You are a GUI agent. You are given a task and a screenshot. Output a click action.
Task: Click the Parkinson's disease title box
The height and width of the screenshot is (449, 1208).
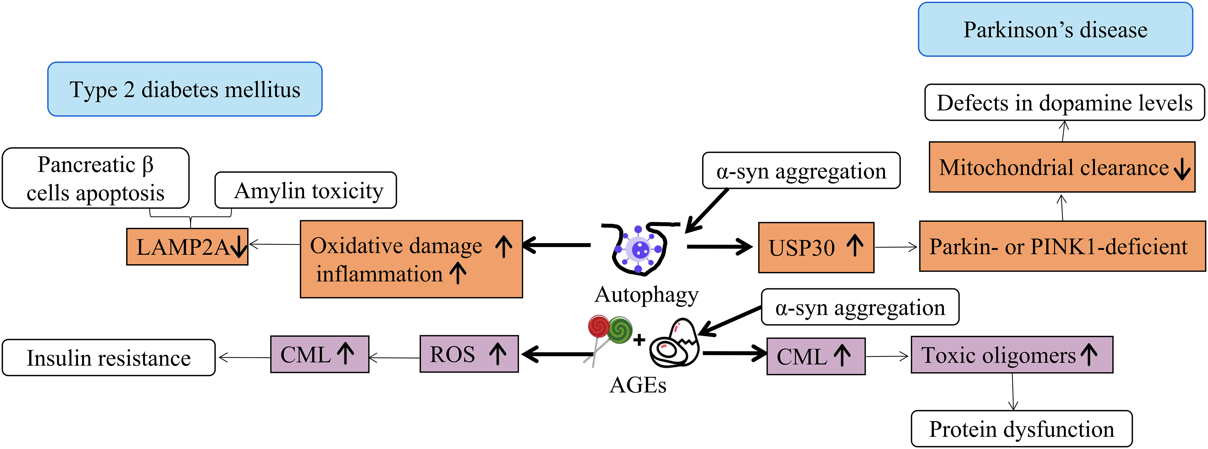pos(1055,29)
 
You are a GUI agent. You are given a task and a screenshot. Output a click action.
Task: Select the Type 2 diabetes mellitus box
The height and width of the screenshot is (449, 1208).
pos(185,89)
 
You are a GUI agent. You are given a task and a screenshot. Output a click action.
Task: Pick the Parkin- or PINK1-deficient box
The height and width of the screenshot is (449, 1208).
pos(1063,247)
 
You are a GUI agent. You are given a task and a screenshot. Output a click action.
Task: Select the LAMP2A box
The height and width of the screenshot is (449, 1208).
pos(187,247)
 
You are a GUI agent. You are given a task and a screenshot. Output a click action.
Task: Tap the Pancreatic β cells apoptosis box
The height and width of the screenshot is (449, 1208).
pos(96,178)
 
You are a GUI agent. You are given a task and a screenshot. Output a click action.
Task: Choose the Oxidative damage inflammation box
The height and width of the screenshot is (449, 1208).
pos(411,259)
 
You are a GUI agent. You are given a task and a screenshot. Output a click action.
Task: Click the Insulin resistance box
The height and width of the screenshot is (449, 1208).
pos(109,358)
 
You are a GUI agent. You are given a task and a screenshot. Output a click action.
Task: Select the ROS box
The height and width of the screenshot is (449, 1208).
pos(469,354)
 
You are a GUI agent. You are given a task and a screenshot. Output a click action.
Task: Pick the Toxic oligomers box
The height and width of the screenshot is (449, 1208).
pos(1012,355)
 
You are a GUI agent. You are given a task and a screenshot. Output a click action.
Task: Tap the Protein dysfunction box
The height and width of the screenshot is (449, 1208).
pos(1022,429)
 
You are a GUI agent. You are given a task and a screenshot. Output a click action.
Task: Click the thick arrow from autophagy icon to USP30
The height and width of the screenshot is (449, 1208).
pos(720,247)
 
